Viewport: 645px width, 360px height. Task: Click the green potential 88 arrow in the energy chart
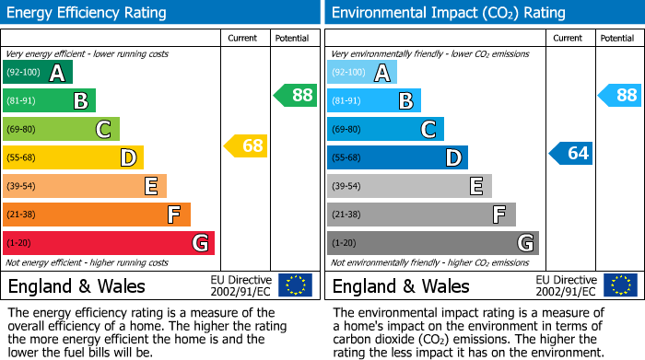point(295,95)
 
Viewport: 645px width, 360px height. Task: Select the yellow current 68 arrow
point(246,145)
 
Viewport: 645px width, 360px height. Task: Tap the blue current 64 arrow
point(570,153)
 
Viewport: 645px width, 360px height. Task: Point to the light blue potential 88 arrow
point(619,95)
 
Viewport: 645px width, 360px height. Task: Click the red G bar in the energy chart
point(109,243)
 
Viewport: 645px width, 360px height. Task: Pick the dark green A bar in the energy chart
point(37,73)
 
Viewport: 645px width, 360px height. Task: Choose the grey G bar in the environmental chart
point(432,243)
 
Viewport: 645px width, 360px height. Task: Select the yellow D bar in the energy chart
point(73,157)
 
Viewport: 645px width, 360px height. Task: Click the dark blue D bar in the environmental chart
point(397,157)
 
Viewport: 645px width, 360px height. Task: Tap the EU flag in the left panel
point(295,285)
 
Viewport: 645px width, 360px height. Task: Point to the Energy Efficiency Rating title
point(88,13)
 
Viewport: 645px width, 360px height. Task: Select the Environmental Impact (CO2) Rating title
point(448,13)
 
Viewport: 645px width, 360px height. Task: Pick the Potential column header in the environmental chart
point(617,38)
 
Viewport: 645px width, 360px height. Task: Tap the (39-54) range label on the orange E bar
point(20,187)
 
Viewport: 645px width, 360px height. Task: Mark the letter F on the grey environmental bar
point(498,215)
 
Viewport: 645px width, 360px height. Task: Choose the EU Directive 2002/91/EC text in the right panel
point(566,285)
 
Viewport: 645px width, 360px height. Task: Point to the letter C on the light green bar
point(103,130)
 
